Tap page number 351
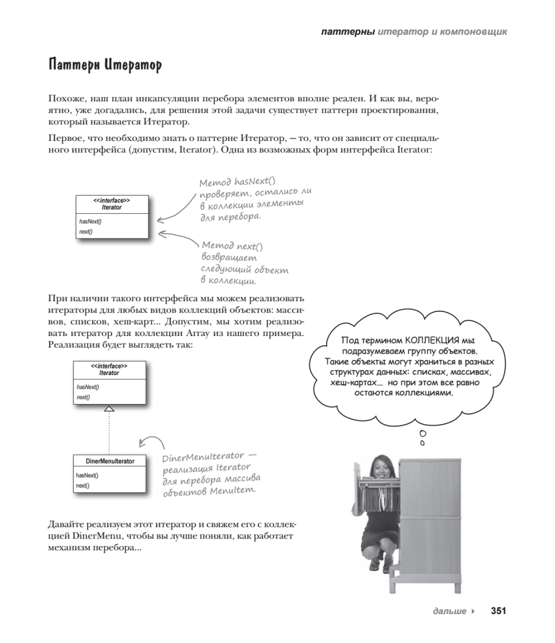[499, 611]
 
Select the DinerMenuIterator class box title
[110, 461]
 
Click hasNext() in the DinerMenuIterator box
[87, 475]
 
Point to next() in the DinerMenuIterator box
[82, 485]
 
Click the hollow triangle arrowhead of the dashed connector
[109, 408]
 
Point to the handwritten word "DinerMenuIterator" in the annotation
[203, 457]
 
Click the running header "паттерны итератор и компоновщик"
[414, 32]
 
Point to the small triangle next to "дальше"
[472, 611]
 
